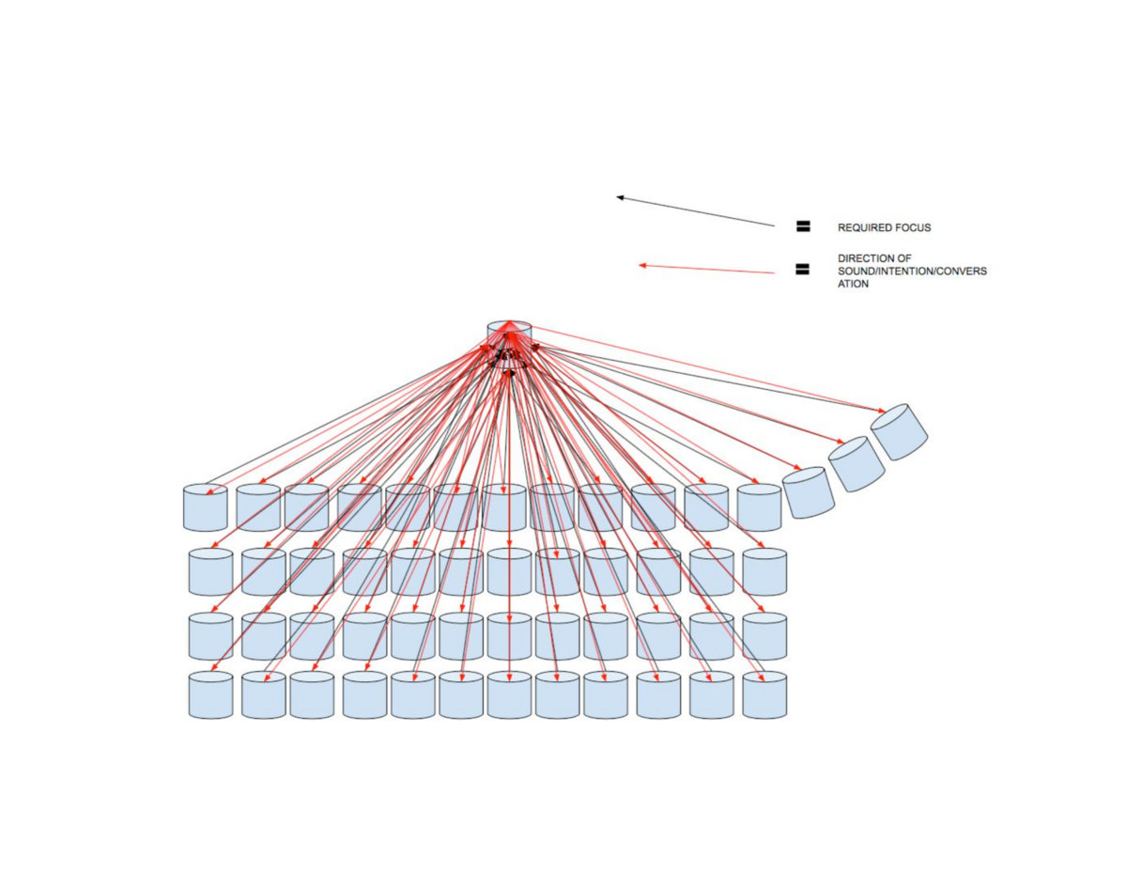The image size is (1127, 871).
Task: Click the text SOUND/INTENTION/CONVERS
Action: pyautogui.click(x=912, y=271)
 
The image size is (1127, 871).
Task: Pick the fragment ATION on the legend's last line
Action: pyautogui.click(x=853, y=284)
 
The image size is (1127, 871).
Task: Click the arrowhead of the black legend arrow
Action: pyautogui.click(x=619, y=197)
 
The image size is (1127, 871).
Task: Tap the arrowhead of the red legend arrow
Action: pyautogui.click(x=642, y=266)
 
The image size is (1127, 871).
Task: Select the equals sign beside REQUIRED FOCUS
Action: pyautogui.click(x=803, y=226)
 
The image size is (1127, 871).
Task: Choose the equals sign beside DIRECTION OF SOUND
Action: pyautogui.click(x=803, y=270)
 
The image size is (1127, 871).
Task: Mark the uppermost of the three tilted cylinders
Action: pyautogui.click(x=899, y=432)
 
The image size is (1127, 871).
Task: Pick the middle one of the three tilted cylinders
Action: pyautogui.click(x=857, y=464)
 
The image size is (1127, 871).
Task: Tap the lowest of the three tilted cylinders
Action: pyautogui.click(x=810, y=491)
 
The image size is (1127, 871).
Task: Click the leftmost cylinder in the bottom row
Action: pyautogui.click(x=210, y=696)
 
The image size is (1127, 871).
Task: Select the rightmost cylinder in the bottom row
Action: pyautogui.click(x=764, y=696)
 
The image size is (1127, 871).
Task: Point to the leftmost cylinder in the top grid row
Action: pyautogui.click(x=205, y=507)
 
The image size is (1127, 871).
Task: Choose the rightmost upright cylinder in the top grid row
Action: pyautogui.click(x=759, y=507)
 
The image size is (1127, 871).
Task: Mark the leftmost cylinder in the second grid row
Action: pyautogui.click(x=210, y=572)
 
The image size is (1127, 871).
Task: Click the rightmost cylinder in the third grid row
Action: pyautogui.click(x=764, y=636)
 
